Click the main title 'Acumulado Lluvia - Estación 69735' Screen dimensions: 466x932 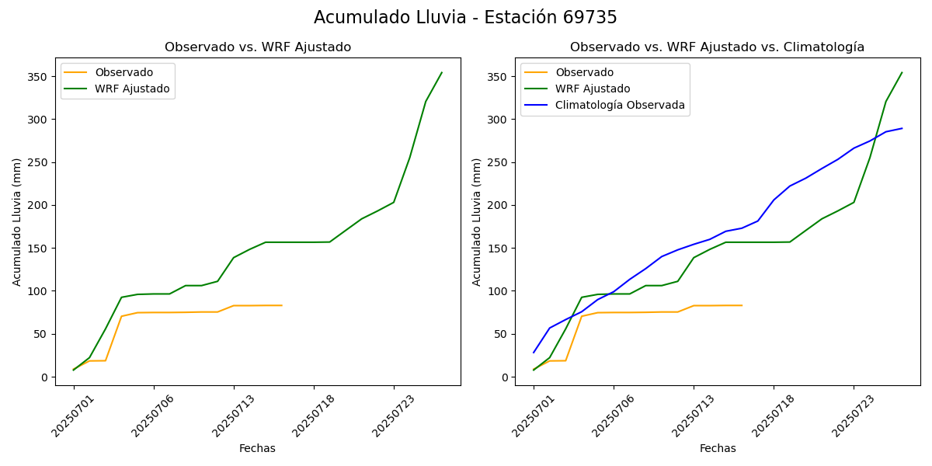465,18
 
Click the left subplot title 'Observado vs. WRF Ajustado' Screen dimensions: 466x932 258,47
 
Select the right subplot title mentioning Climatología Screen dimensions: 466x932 717,47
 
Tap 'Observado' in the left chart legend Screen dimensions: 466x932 124,73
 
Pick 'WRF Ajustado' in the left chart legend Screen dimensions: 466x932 132,89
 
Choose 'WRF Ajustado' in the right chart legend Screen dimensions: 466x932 592,89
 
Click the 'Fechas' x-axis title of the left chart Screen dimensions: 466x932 257,448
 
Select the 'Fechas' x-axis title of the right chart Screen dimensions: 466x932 718,448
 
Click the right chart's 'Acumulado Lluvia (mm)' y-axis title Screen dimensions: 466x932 477,222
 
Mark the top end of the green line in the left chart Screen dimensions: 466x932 442,73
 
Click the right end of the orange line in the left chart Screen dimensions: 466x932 282,305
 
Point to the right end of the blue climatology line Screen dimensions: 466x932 902,128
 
